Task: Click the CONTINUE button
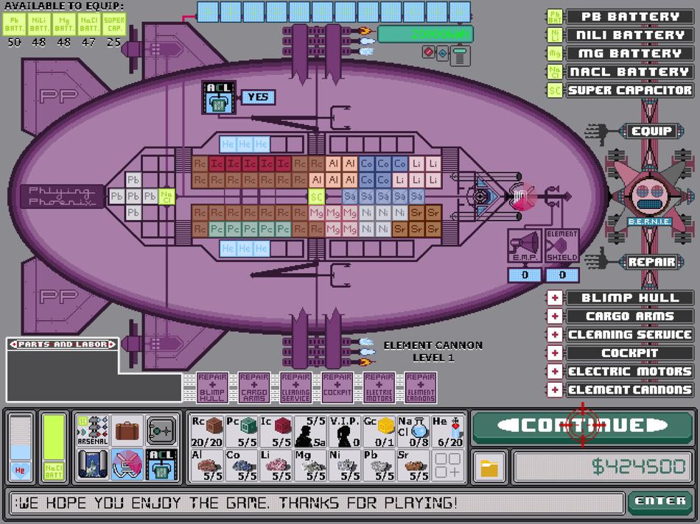pyautogui.click(x=582, y=425)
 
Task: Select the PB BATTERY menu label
pyautogui.click(x=629, y=16)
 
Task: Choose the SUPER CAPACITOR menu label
pyautogui.click(x=629, y=91)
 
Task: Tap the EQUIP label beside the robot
pyautogui.click(x=651, y=132)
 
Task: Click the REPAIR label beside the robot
pyautogui.click(x=651, y=261)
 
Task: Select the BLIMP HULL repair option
pyautogui.click(x=629, y=298)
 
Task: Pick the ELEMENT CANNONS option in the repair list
pyautogui.click(x=629, y=390)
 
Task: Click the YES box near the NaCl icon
pyautogui.click(x=258, y=97)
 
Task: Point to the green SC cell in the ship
pyautogui.click(x=316, y=196)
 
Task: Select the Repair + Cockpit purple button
pyautogui.click(x=337, y=387)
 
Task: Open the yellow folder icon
pyautogui.click(x=489, y=467)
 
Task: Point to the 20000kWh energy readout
pyautogui.click(x=424, y=34)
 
